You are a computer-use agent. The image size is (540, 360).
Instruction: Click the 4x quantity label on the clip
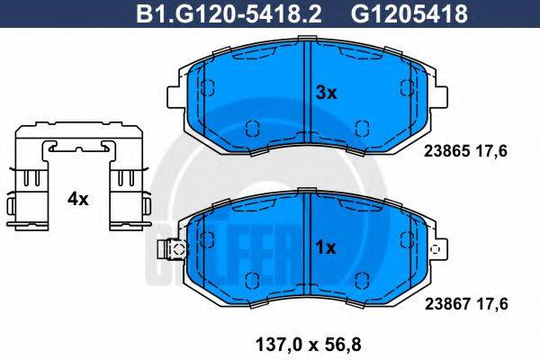[x=78, y=199]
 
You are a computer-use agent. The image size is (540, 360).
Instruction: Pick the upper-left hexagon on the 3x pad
[x=208, y=88]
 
